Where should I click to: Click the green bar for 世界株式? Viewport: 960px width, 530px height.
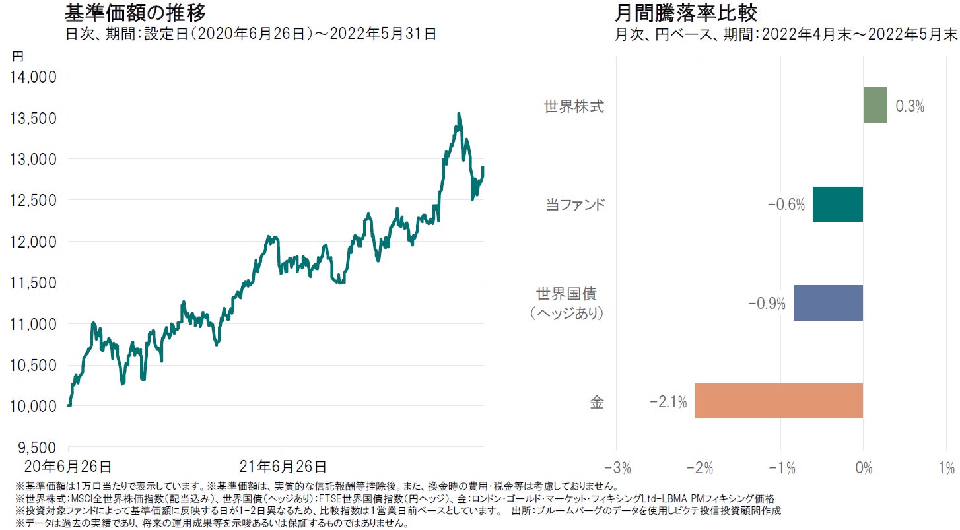tap(875, 106)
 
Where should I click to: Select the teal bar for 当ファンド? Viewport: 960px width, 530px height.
tap(838, 204)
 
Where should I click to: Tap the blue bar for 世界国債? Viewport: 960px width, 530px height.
tap(828, 303)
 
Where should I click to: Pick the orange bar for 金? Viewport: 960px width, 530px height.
tap(778, 401)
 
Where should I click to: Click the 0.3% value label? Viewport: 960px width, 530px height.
tap(909, 106)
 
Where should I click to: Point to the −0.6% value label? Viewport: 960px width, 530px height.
tap(786, 205)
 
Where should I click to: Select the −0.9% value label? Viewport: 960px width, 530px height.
tap(767, 304)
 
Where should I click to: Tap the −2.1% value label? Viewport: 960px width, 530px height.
tap(669, 401)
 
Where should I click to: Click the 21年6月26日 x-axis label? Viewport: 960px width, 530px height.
tap(283, 467)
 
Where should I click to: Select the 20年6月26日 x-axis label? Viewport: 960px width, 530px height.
tap(68, 467)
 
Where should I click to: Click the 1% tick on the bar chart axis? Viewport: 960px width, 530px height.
tap(946, 469)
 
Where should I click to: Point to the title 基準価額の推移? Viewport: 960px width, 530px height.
tap(135, 13)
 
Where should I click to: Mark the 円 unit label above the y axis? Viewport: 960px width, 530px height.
tap(18, 57)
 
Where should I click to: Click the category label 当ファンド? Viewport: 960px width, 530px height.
tap(575, 205)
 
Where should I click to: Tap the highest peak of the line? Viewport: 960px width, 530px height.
tap(459, 114)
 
